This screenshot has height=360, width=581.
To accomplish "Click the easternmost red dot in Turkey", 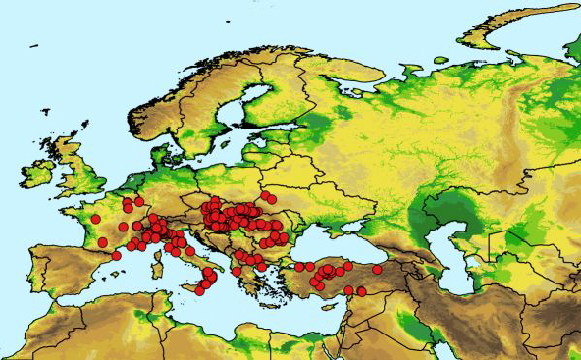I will pos(377,270).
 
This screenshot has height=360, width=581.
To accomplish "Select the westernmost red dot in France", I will pos(95,219).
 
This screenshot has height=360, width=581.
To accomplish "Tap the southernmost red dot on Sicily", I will pos(200,290).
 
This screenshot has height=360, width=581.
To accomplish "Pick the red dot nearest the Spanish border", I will pos(117,255).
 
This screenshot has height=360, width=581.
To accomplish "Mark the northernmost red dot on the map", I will pos(265,195).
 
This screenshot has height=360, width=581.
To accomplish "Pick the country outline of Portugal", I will pos(35,270).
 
